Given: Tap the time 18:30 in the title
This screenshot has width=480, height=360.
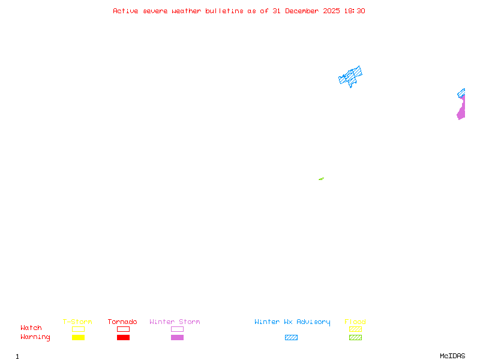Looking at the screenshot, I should point(354,11).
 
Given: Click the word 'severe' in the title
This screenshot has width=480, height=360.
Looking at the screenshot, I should point(155,11).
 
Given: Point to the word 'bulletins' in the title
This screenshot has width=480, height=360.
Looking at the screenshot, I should point(224,11).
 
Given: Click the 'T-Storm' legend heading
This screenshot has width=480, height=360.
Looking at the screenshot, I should point(77,322).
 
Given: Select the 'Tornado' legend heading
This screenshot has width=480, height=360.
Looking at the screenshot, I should point(122,322).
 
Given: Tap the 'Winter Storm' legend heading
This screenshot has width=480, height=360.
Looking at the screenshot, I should point(175,322).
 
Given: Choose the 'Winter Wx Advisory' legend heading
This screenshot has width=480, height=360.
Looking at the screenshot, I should point(292,322).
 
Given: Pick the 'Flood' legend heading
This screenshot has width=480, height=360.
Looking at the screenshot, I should point(355,322).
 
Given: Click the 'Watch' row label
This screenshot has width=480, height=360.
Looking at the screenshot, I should point(31,328).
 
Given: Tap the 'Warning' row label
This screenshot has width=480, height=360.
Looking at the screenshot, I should point(35,337).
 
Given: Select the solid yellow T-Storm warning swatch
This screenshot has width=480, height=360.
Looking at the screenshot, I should point(78,338).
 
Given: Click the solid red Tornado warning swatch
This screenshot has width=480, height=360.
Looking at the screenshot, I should point(123,338).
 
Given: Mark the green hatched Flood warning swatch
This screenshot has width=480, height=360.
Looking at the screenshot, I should point(355,338).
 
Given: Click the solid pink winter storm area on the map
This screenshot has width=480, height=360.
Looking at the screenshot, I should point(461,110).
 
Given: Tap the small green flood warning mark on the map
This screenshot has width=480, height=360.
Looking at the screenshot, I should point(321,179).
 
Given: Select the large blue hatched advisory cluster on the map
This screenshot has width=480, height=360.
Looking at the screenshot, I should point(351,76).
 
